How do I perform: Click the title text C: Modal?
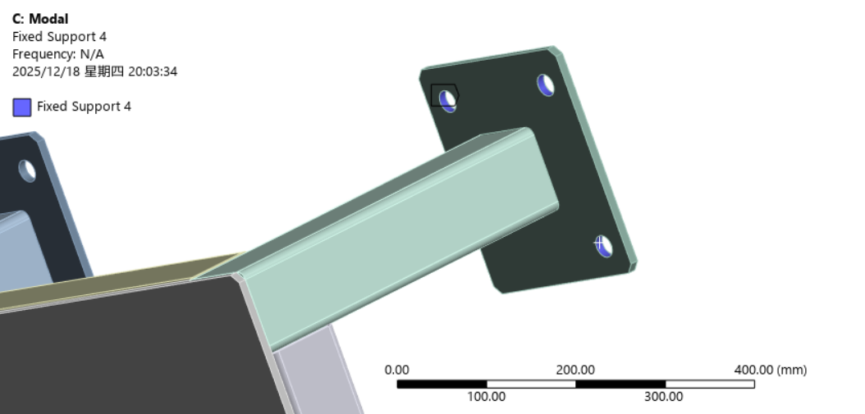[x=40, y=19]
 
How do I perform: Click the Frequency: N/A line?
[x=57, y=54]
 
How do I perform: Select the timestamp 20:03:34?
[x=153, y=71]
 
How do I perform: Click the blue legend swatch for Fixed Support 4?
[x=22, y=107]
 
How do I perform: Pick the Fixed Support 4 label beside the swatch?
[x=84, y=107]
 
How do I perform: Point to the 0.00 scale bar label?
[x=396, y=370]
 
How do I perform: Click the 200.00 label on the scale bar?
[x=575, y=370]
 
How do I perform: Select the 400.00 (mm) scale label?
[x=770, y=370]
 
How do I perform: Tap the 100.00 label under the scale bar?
[x=486, y=397]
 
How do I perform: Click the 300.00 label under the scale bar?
[x=664, y=397]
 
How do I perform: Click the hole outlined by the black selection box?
[x=447, y=100]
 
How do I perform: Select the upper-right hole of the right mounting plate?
[x=547, y=84]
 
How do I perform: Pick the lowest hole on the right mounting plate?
[x=604, y=245]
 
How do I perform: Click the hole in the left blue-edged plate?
[x=27, y=171]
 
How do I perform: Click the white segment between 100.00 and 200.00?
[x=531, y=384]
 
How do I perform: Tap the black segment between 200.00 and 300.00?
[x=620, y=384]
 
